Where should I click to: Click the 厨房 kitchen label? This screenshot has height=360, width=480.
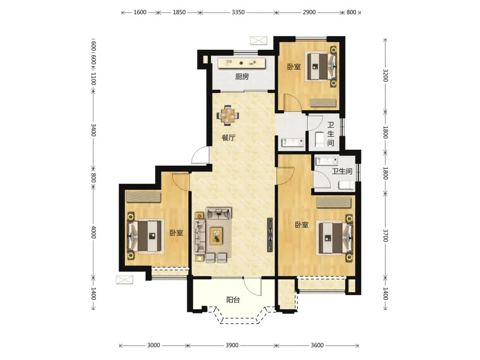pyautogui.click(x=242, y=76)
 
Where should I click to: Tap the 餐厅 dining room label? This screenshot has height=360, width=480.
pyautogui.click(x=228, y=138)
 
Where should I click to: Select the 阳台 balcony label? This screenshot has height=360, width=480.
pyautogui.click(x=233, y=300)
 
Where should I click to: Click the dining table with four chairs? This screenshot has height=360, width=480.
pyautogui.click(x=228, y=116)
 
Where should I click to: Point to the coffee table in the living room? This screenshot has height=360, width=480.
pyautogui.click(x=216, y=236)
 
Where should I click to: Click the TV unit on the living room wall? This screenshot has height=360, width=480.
pyautogui.click(x=270, y=235)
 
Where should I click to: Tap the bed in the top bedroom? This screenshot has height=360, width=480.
pyautogui.click(x=322, y=66)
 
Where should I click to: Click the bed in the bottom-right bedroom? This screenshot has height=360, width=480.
pyautogui.click(x=335, y=238)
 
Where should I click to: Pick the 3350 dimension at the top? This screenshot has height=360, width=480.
pyautogui.click(x=238, y=12)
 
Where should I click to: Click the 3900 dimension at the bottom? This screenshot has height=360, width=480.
pyautogui.click(x=232, y=345)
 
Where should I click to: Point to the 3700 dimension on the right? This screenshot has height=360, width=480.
pyautogui.click(x=385, y=235)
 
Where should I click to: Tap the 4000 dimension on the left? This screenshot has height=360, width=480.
pyautogui.click(x=93, y=232)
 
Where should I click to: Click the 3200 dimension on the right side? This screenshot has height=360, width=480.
pyautogui.click(x=385, y=75)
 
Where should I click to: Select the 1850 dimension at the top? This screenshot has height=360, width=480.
pyautogui.click(x=179, y=12)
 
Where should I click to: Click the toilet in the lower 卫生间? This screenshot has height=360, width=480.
pyautogui.click(x=347, y=185)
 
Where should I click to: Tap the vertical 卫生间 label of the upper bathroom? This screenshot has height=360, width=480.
pyautogui.click(x=331, y=134)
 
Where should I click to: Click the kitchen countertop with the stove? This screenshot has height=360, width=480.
pyautogui.click(x=241, y=63)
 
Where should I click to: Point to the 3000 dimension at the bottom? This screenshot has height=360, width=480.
pyautogui.click(x=153, y=345)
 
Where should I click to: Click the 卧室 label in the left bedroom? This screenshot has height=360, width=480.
pyautogui.click(x=176, y=232)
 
